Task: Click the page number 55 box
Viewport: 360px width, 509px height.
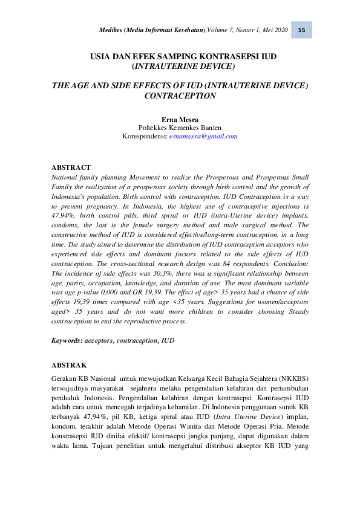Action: tap(301, 30)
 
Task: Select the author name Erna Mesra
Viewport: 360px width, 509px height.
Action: tap(180, 118)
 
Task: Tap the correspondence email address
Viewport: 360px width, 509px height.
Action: tap(203, 136)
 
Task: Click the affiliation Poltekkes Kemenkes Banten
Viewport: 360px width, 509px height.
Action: tap(180, 128)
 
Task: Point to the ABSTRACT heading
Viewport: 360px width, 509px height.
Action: tap(71, 167)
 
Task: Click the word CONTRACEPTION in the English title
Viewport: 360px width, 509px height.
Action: tap(180, 96)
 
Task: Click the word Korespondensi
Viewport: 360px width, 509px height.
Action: tap(145, 136)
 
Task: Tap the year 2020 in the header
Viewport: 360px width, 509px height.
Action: tap(278, 31)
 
